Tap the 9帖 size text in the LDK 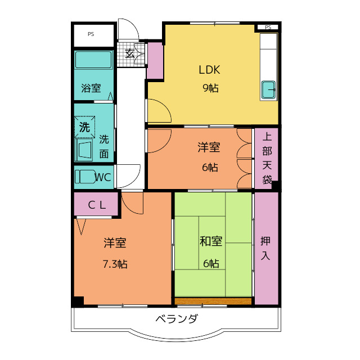coord(210,88)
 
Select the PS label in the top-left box coord(91,34)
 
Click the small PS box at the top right coord(268,27)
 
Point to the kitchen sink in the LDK coord(269,88)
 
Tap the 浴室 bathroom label coord(91,88)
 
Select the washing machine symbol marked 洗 coord(84,127)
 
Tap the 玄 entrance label coord(129,54)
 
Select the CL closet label coord(97,205)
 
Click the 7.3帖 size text coord(114,263)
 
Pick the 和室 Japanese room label coord(211,242)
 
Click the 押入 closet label coord(265,247)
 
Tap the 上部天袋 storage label coord(267,158)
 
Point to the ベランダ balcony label coord(176,319)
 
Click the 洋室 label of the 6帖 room coord(209,147)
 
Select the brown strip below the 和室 coord(213,301)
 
